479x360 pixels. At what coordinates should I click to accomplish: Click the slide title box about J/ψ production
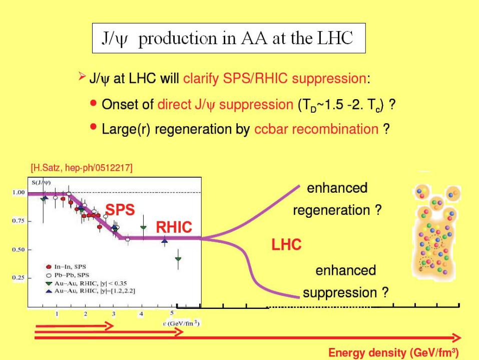pyautogui.click(x=229, y=38)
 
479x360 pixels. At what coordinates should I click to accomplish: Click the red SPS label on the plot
pyautogui.click(x=120, y=210)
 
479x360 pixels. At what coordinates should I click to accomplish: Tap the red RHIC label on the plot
pyautogui.click(x=174, y=227)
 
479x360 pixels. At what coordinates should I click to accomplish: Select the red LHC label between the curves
pyautogui.click(x=286, y=244)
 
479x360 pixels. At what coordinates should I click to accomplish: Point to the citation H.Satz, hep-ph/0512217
pyautogui.click(x=82, y=168)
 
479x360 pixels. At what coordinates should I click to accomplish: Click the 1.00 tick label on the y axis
pyautogui.click(x=19, y=192)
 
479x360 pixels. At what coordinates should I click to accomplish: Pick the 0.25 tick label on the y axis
pyautogui.click(x=19, y=278)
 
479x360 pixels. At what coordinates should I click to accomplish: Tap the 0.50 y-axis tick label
pyautogui.click(x=19, y=250)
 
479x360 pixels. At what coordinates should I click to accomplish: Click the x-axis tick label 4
pyautogui.click(x=141, y=314)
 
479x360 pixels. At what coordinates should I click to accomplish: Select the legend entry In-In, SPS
pyautogui.click(x=66, y=267)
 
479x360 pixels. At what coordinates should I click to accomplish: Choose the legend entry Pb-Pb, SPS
pyautogui.click(x=67, y=275)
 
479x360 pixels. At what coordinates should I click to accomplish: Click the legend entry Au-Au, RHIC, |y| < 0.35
pyautogui.click(x=86, y=283)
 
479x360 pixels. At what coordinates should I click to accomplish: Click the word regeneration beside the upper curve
pyautogui.click(x=332, y=211)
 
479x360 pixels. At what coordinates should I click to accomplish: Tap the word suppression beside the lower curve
pyautogui.click(x=340, y=293)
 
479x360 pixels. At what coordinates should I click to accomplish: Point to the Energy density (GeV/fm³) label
pyautogui.click(x=393, y=352)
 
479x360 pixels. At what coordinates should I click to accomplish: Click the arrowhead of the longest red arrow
pyautogui.click(x=457, y=337)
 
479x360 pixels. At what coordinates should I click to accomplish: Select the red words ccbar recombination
pyautogui.click(x=316, y=129)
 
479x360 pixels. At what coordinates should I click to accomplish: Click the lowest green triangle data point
pyautogui.click(x=178, y=259)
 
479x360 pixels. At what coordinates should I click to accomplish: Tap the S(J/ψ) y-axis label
pyautogui.click(x=41, y=183)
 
